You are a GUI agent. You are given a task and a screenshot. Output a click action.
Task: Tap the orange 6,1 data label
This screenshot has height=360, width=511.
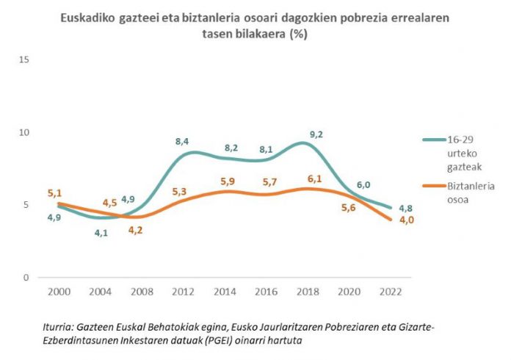point(315,179)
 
